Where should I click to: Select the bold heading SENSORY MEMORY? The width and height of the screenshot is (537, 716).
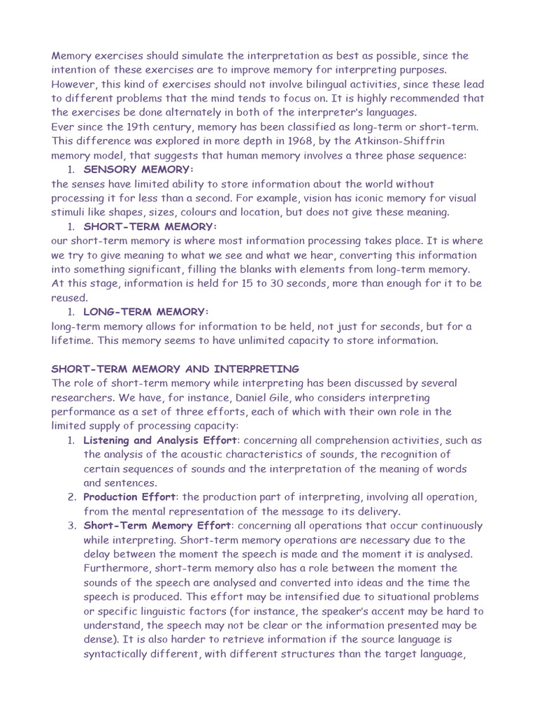(x=138, y=169)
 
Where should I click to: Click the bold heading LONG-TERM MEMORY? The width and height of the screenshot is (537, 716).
(x=146, y=311)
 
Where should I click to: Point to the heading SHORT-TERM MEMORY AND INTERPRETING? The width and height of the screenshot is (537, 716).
(x=176, y=368)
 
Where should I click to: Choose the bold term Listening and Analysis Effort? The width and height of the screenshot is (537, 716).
(x=160, y=440)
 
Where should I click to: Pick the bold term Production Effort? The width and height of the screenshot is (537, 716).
(x=129, y=496)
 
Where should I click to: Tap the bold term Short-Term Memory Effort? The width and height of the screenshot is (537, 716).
(x=157, y=525)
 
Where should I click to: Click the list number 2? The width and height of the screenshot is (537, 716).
(x=71, y=496)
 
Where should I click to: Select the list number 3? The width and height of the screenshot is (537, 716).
(x=71, y=525)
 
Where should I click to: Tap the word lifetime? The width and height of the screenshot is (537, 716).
(x=72, y=340)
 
